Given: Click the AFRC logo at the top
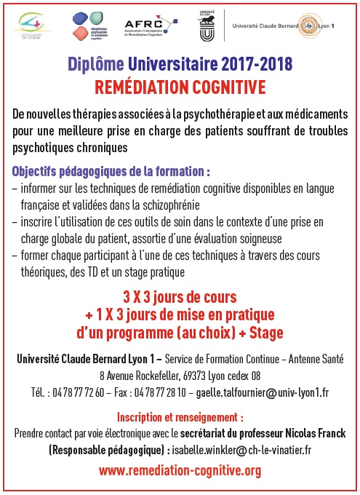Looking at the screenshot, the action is [145, 25].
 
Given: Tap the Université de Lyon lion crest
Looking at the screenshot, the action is [206, 26].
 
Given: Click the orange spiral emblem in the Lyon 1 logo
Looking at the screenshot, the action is [312, 25].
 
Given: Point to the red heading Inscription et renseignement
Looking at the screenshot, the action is [180, 418].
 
